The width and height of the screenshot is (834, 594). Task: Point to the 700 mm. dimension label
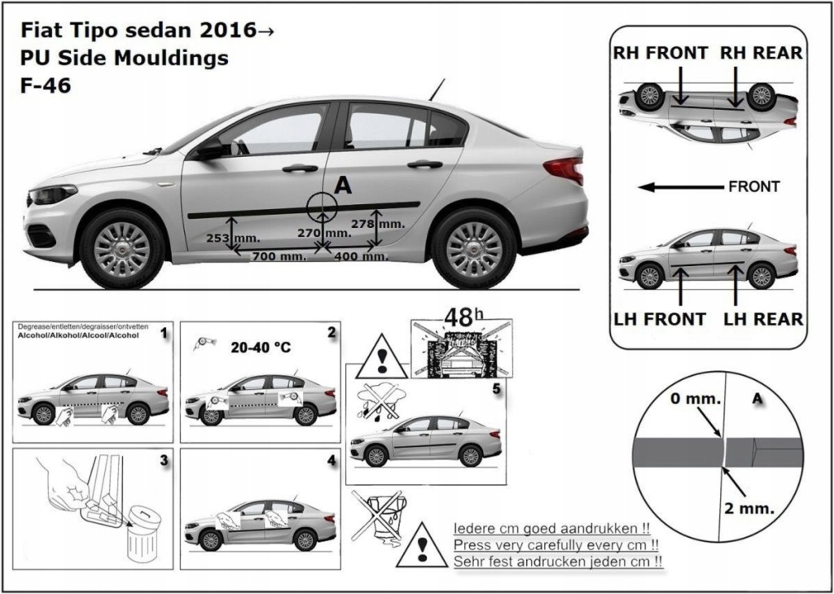point(279,256)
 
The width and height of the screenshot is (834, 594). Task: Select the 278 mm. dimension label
point(377,223)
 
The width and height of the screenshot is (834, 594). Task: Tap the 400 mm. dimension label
point(361,256)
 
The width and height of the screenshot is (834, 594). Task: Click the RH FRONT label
point(661,53)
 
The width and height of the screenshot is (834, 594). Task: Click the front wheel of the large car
point(122,248)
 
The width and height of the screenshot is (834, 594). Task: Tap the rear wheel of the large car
point(473,247)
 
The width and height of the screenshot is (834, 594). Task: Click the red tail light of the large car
point(564,170)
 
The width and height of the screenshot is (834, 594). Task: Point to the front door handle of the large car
point(300,168)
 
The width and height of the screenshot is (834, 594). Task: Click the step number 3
point(164,461)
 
